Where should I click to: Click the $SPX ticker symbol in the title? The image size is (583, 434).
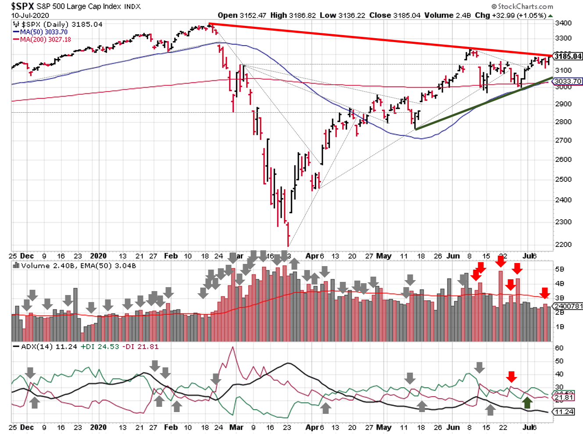coord(22,6)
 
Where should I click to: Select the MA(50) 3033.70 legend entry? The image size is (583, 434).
coord(43,32)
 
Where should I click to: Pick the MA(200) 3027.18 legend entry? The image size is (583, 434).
coord(45,39)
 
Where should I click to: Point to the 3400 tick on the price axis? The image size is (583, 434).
coord(563,23)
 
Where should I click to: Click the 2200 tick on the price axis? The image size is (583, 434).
coord(563,245)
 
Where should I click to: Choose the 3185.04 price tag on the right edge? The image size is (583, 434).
coord(568,56)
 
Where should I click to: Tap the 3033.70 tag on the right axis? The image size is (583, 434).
coord(568,81)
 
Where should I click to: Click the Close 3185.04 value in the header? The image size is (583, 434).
coord(394,15)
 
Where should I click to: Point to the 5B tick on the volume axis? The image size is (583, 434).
coord(559,269)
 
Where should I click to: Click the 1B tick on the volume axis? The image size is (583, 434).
coord(559,327)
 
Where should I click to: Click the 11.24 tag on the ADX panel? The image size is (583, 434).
coord(564,412)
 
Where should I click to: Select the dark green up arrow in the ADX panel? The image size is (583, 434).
coord(527,403)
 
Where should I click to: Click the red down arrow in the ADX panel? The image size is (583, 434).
coord(511,376)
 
